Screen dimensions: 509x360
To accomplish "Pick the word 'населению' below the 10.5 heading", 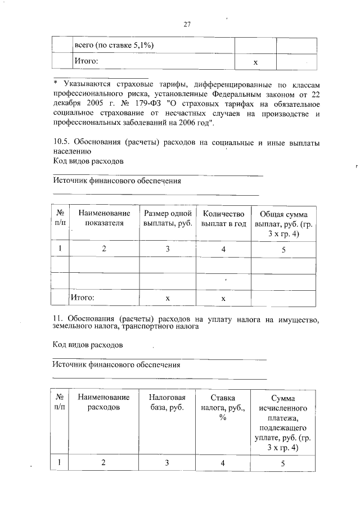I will coord(71,152).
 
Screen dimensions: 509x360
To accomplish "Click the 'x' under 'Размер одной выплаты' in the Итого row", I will coord(168,298).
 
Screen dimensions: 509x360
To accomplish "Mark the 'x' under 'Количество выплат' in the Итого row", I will coord(223,298).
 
